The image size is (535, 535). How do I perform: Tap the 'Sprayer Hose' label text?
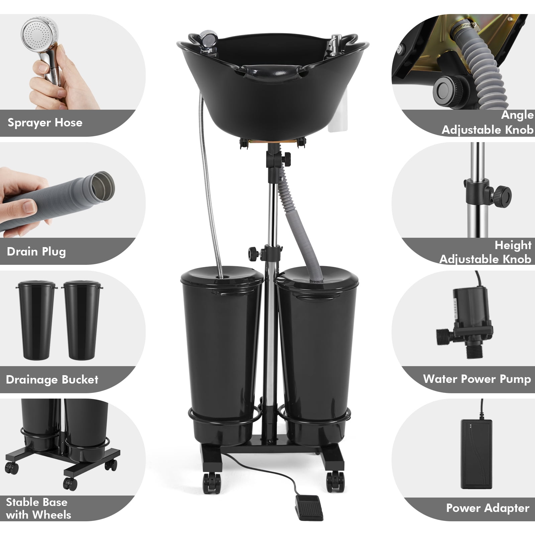45,122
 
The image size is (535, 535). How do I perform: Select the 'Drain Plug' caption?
36,251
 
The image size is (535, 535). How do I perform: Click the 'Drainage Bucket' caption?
52,380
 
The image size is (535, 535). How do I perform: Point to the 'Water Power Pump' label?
477,379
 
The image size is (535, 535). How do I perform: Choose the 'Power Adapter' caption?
488,508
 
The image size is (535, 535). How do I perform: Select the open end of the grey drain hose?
103,185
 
